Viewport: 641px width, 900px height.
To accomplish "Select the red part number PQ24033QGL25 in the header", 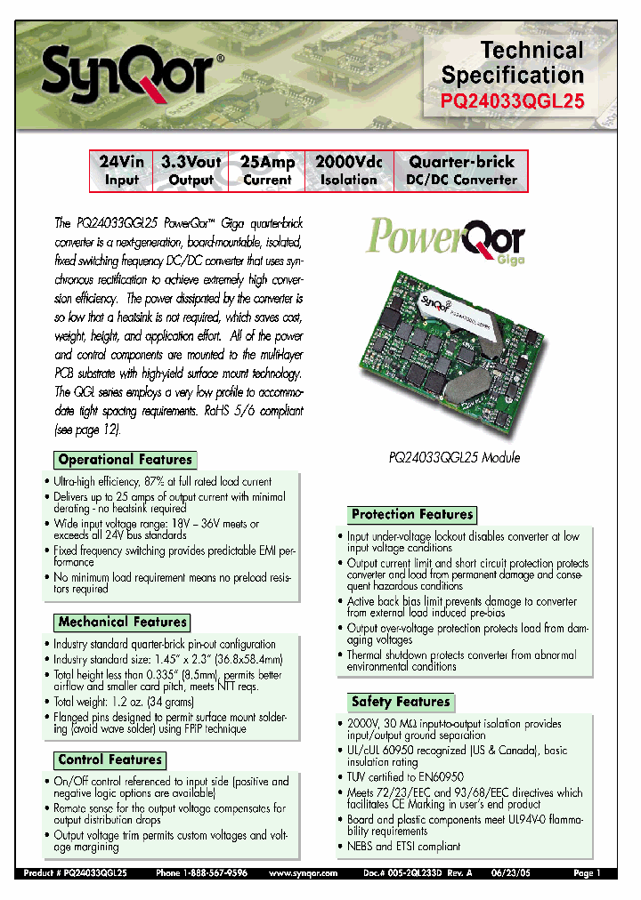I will click(x=513, y=101).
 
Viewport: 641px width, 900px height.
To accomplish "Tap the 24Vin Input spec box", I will click(x=122, y=171).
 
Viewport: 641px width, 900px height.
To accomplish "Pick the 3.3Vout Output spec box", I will click(x=191, y=171).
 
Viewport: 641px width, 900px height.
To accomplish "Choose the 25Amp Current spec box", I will click(x=267, y=171).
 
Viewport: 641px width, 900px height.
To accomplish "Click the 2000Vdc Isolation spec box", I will click(x=349, y=171).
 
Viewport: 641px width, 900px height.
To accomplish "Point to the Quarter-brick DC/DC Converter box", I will click(x=461, y=171).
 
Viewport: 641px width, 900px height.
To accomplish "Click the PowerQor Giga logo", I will click(x=446, y=241).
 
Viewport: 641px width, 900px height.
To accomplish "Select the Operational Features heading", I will click(x=125, y=460).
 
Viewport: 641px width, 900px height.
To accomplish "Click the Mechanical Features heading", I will click(x=123, y=623).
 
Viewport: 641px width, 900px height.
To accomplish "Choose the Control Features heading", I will click(x=110, y=760).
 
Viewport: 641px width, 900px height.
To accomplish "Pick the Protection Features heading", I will click(x=411, y=515).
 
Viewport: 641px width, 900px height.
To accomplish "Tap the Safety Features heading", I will click(x=400, y=702).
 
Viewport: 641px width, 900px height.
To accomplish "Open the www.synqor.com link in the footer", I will click(x=303, y=874).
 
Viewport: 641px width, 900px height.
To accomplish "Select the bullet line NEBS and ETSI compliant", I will click(x=403, y=847).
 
